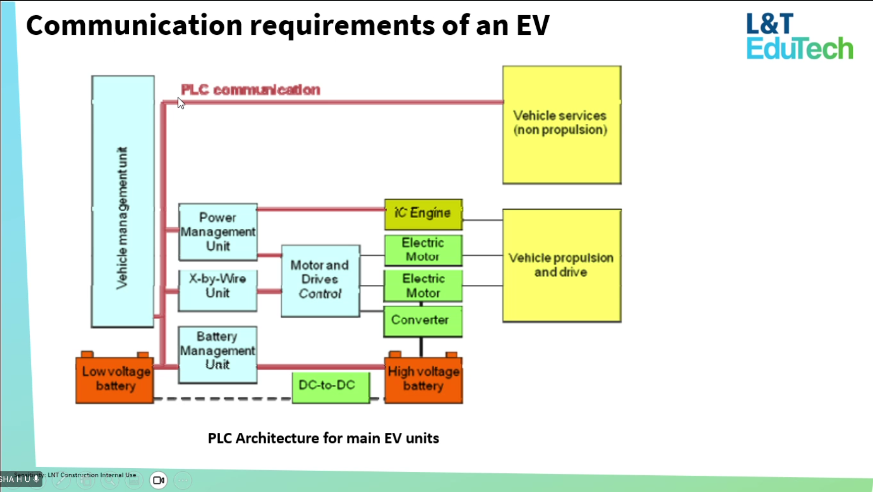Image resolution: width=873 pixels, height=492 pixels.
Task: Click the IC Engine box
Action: coord(423,214)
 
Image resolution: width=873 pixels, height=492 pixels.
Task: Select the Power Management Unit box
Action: coord(218,232)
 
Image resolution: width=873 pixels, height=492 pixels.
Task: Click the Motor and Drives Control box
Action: coord(320,281)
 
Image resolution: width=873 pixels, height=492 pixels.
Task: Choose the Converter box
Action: coord(423,321)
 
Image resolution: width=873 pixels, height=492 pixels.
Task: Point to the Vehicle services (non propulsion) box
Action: coord(561,125)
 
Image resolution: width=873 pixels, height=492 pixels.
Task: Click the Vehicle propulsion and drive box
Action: coord(561,265)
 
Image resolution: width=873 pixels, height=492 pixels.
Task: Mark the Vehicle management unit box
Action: coord(123,202)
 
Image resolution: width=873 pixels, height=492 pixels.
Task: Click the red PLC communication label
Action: coord(250,90)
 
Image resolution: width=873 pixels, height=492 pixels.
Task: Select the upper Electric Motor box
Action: coord(423,250)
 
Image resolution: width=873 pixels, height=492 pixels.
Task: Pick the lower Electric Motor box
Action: coord(423,286)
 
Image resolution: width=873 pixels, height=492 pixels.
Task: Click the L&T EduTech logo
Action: coord(799,36)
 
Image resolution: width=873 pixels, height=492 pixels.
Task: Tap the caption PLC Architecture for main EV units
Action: coord(323,438)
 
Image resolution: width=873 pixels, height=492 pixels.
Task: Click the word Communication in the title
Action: coord(134,25)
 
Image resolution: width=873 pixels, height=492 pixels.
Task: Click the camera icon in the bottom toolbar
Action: coord(159,480)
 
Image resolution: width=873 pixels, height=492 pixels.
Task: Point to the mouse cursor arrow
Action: coord(181,103)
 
